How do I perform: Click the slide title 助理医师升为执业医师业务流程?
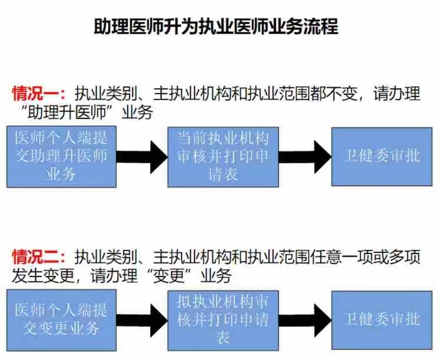pos(216,27)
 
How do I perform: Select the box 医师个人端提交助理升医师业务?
pos(61,156)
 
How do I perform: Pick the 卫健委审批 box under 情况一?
pos(382,156)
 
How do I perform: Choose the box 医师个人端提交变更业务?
pos(61,320)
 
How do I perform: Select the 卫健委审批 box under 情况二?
pos(382,320)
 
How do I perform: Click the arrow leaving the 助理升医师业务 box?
pos(142,156)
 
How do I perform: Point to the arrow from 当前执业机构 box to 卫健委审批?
pos(305,156)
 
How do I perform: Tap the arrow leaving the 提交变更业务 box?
pos(142,320)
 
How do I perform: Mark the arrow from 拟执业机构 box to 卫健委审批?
pos(305,320)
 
